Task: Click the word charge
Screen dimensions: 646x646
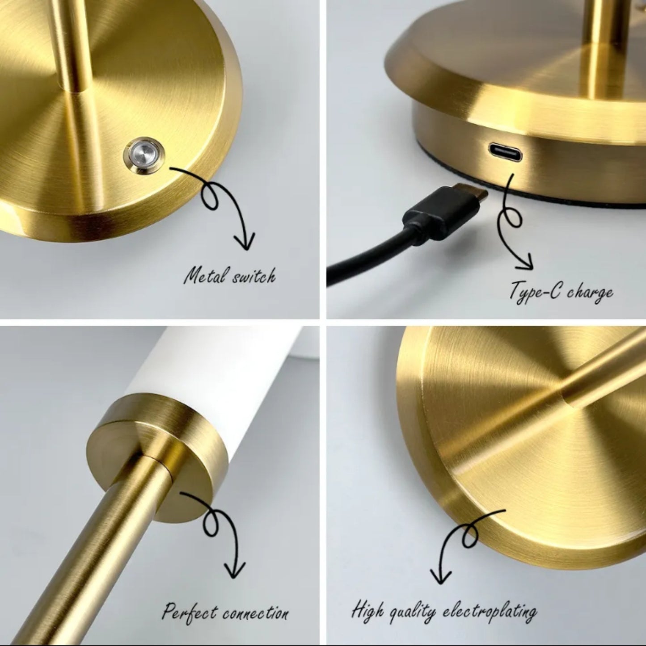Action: coord(590,293)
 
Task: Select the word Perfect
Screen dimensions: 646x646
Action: coord(190,611)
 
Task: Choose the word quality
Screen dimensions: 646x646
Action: coord(411,611)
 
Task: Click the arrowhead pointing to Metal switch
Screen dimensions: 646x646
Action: coord(245,245)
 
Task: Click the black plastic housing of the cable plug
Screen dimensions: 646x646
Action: coord(425,214)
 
